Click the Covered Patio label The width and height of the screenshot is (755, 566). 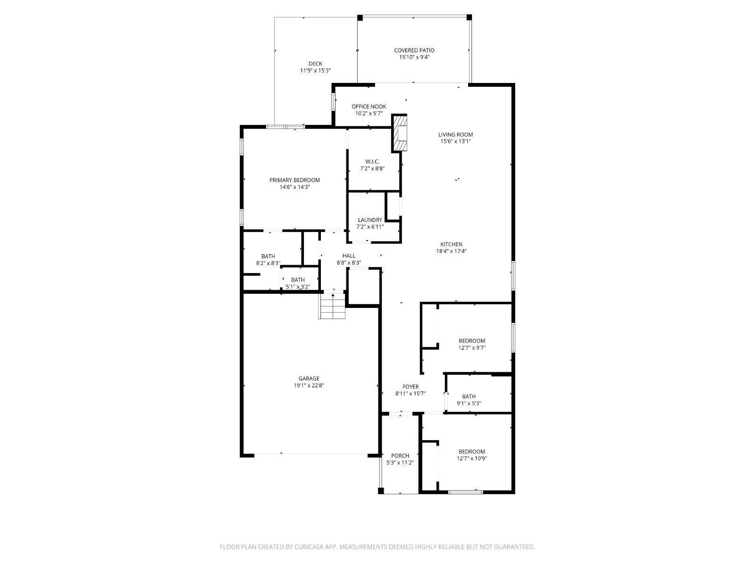tap(414, 50)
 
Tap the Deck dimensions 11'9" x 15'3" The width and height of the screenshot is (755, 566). tap(315, 70)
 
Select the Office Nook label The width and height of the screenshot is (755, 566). tap(369, 107)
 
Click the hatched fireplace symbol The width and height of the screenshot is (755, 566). tap(399, 133)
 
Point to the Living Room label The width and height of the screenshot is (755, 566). tap(455, 135)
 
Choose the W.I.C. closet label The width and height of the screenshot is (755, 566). tap(372, 161)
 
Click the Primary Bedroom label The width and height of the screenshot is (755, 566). tap(294, 180)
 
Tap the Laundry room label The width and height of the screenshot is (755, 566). tap(370, 220)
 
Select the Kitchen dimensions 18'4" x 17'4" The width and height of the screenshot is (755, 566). tap(451, 251)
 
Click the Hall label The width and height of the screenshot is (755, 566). tap(349, 256)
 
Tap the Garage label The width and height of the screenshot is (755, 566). tap(309, 379)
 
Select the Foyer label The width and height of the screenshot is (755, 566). tap(411, 387)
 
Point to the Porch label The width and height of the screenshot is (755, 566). tap(400, 456)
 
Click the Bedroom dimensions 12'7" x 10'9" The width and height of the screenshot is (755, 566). tap(471, 458)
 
